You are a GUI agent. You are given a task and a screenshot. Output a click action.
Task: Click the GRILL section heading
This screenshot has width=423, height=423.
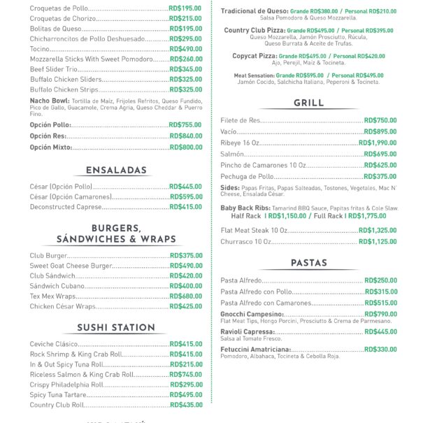(x=308, y=103)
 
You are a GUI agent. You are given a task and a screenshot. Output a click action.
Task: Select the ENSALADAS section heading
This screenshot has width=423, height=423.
(x=116, y=170)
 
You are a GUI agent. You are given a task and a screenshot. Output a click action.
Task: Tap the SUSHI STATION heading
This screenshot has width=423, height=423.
(x=116, y=327)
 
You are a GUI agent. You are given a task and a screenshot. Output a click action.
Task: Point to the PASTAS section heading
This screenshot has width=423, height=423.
(x=308, y=263)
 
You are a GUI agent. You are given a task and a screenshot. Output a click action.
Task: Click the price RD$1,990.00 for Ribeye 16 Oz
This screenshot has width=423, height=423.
(x=378, y=143)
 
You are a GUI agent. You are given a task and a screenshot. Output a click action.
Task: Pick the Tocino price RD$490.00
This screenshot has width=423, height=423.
(x=185, y=49)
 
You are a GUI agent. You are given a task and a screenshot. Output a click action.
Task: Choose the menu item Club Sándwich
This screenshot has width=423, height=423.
(x=52, y=276)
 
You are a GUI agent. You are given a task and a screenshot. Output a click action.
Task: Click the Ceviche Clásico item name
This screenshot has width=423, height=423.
(x=54, y=344)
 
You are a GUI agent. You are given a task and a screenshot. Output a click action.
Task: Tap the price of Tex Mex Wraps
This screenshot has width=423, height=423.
(x=185, y=296)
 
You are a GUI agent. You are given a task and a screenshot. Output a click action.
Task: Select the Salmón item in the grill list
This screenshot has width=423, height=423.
(x=232, y=154)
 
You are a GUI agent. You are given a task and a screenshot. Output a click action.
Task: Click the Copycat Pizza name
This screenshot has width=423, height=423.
(x=254, y=56)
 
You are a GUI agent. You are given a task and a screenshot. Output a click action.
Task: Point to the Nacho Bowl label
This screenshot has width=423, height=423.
(x=48, y=101)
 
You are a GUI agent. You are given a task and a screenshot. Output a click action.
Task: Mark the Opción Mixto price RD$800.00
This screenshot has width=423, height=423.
(x=185, y=148)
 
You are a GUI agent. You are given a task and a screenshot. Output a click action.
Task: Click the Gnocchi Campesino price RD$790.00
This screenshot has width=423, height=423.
(x=380, y=315)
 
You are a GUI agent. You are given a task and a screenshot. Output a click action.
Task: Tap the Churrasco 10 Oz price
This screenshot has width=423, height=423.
(x=378, y=242)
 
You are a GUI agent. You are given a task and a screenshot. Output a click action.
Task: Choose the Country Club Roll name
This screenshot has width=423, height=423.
(x=57, y=405)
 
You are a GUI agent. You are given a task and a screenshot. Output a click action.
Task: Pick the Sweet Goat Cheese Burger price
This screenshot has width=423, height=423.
(x=185, y=266)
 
